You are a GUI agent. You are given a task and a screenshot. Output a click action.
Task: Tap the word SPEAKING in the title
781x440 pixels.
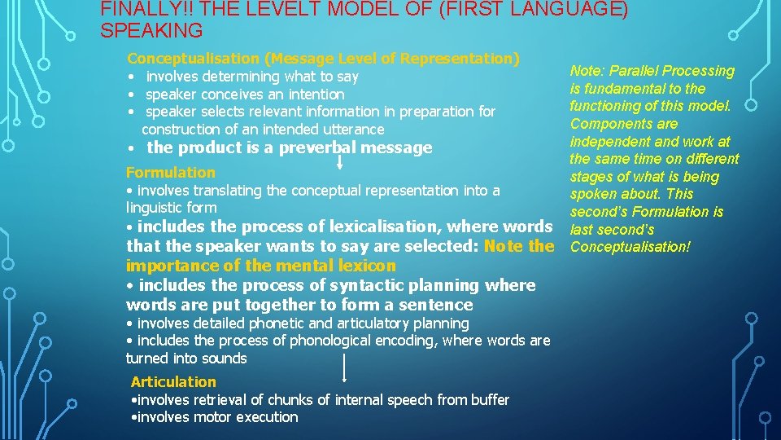click(151, 32)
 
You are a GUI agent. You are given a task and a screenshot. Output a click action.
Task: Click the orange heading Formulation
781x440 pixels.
click(171, 173)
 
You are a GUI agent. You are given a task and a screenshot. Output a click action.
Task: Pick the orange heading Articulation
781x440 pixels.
click(174, 382)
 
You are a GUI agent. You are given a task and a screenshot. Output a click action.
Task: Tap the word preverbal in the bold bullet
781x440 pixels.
click(314, 148)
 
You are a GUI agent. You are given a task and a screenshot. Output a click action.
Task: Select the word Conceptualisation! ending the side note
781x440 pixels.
click(630, 247)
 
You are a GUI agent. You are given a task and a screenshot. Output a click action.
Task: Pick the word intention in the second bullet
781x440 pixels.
click(314, 95)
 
